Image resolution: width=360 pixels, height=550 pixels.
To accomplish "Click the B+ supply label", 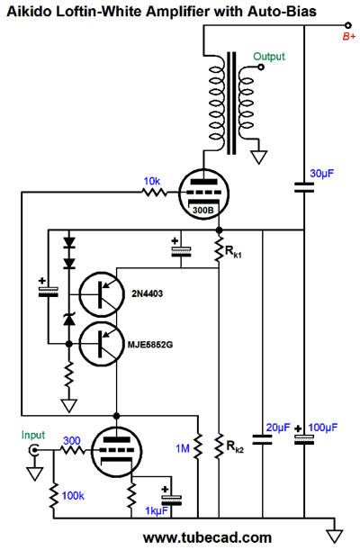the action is [349, 36].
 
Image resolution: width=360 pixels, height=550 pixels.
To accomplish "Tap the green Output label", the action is [269, 57].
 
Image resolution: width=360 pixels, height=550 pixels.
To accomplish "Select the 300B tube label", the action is [203, 211].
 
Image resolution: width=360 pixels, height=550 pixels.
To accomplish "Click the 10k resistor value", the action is [152, 181].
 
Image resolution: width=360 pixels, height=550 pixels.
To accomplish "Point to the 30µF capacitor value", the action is [322, 174].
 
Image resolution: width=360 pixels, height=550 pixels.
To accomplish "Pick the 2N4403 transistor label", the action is [148, 293].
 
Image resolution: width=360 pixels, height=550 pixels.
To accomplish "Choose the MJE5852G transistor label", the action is [150, 345].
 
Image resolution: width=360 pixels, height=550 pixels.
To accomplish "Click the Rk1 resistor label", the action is [233, 252].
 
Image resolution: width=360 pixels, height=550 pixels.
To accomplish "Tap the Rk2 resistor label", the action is [235, 446].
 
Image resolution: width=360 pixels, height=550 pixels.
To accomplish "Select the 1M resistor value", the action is [183, 448].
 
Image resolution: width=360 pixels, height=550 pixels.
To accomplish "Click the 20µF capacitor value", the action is [278, 428].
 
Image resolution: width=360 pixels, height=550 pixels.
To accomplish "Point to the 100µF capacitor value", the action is [323, 428].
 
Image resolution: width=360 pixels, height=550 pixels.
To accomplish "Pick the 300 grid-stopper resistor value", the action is [72, 440].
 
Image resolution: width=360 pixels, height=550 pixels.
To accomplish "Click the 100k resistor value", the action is [73, 496].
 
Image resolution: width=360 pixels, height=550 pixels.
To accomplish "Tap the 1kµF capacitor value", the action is [157, 511].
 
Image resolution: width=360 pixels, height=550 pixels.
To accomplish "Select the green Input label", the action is [33, 436].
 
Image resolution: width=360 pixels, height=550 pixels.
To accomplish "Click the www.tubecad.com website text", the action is [207, 537].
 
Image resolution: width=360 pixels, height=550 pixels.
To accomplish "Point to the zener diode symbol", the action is [69, 320].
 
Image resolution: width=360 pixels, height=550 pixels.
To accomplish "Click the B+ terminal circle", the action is [347, 25].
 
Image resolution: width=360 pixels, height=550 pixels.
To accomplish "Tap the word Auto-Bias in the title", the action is [283, 12].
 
